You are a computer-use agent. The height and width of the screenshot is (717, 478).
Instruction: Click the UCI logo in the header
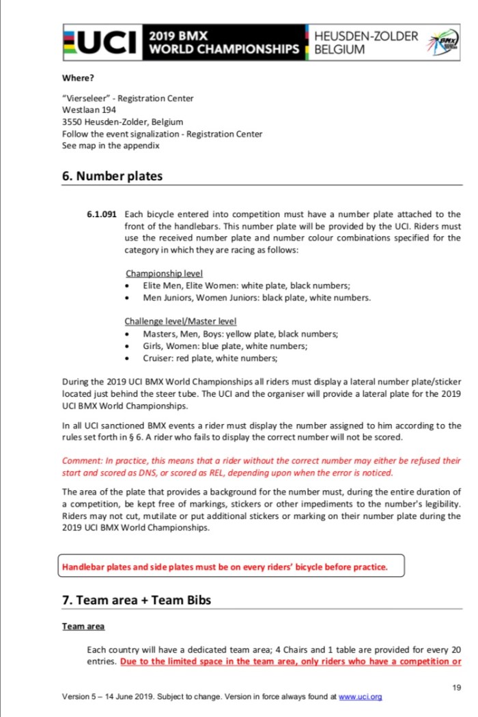coord(102,42)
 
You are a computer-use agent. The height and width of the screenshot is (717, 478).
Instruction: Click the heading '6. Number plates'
coord(112,175)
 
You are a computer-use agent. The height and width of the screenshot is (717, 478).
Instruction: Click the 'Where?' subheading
coord(78,77)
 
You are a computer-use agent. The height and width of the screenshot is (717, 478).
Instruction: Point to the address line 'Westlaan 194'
coord(89,109)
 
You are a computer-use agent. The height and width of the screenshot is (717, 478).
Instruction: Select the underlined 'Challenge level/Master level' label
coord(180,321)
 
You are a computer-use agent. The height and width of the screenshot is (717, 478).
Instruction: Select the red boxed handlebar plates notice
coord(231,566)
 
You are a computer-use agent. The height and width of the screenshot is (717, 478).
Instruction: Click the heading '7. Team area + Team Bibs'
coord(137,600)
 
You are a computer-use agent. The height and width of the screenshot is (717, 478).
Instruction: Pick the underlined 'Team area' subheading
coord(83,625)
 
